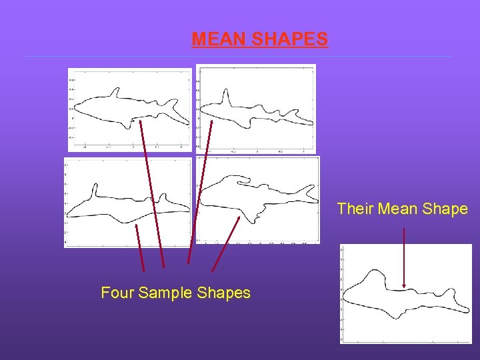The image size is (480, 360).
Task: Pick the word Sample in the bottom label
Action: click(167, 293)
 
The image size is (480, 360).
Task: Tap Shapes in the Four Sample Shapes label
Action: click(224, 293)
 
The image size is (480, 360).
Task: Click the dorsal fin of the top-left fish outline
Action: click(116, 91)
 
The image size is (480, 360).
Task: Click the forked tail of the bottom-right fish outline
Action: click(308, 194)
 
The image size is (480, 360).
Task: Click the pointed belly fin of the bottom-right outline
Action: click(254, 217)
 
